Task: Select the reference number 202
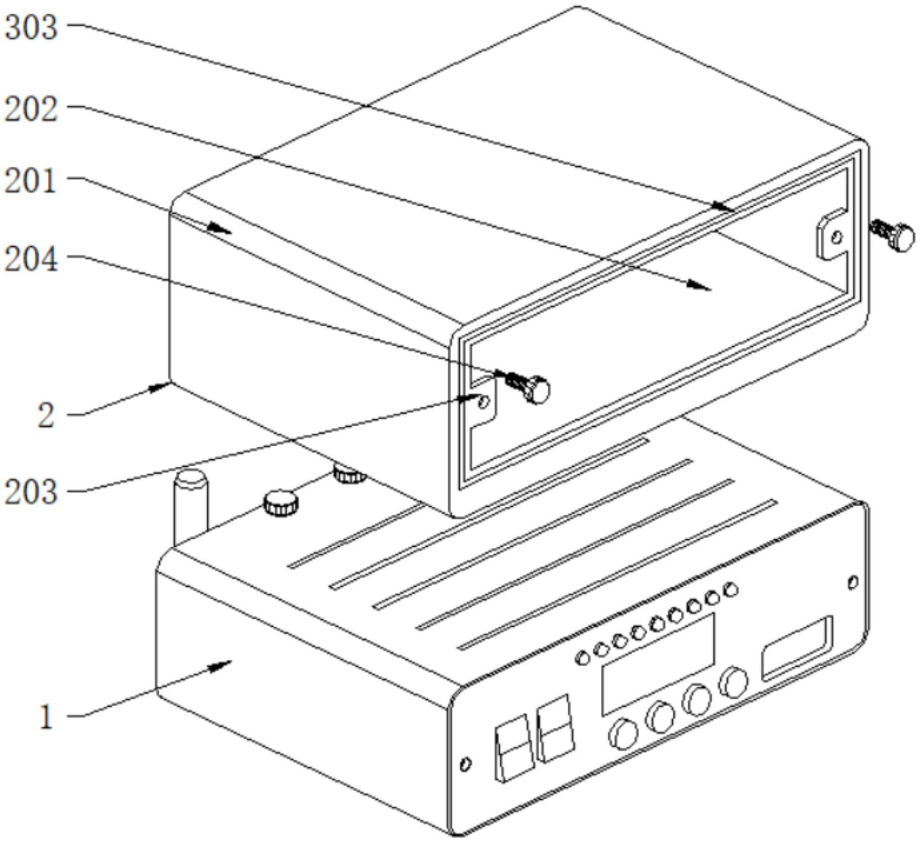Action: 31,110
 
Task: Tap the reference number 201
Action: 30,182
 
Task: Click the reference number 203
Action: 31,492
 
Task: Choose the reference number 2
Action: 46,416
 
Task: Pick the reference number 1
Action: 47,717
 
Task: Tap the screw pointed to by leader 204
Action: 529,387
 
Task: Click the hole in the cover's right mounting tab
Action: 837,237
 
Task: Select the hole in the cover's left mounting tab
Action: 484,402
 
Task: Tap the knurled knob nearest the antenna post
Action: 281,502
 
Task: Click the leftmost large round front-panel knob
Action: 623,734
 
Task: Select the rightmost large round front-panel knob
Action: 733,682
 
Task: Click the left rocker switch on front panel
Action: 514,748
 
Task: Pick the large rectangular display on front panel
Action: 658,664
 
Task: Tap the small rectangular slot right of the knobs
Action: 797,648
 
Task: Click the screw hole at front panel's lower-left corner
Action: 465,764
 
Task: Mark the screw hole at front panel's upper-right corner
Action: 853,582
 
